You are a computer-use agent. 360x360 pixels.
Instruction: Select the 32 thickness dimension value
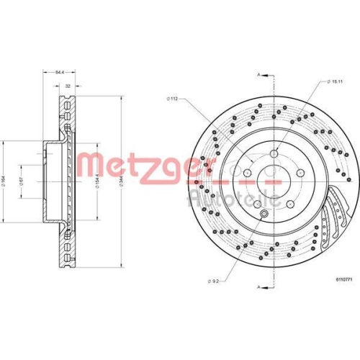pyautogui.click(x=68, y=86)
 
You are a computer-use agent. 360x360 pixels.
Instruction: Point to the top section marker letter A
pyautogui.click(x=258, y=73)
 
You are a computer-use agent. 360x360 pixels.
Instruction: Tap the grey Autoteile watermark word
pyautogui.click(x=216, y=199)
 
